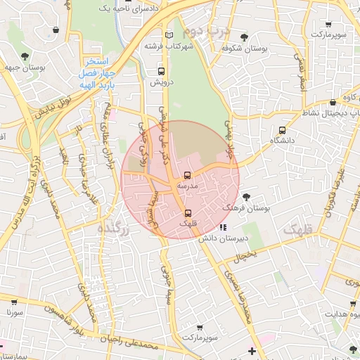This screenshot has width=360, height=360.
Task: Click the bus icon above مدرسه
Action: pos(187,175)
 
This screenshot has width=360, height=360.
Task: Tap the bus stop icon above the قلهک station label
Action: pos(187,213)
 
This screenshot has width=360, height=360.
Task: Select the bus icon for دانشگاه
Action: pos(283,129)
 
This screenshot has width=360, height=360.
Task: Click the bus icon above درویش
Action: pos(162,71)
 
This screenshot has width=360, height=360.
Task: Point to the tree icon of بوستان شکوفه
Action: pos(244,37)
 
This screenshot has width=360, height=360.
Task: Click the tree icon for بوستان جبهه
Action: pos(25,55)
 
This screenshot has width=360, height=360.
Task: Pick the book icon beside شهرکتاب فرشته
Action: pos(167,35)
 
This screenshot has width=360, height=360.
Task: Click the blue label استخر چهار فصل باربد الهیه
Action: pos(97,72)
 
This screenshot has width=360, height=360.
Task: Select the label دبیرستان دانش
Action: pos(224,239)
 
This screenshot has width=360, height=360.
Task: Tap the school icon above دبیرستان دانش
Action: pos(223,227)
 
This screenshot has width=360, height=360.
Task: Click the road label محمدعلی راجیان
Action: pos(141,344)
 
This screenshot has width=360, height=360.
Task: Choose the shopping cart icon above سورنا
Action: pos(13,298)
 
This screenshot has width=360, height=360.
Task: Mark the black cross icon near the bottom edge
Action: pos(252,351)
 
